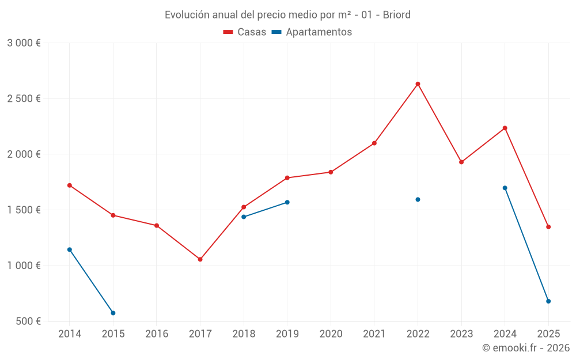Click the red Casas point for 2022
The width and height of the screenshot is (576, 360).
[x=418, y=84]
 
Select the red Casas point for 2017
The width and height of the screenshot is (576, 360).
[x=200, y=259]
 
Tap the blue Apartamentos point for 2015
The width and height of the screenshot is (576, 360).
[x=113, y=313]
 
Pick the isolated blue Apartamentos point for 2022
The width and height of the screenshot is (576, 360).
[x=418, y=199]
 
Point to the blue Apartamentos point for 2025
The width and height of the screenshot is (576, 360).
[x=548, y=301]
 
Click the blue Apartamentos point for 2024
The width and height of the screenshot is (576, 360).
[x=505, y=188]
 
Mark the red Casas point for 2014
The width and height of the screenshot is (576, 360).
[x=69, y=185]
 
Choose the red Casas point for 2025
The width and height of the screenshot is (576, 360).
[x=548, y=227]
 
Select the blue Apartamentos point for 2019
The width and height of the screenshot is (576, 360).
[x=287, y=202]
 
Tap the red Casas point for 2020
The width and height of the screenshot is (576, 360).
[x=331, y=172]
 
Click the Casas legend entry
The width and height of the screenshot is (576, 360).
[x=245, y=32]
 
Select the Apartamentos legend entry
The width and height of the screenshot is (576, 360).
[x=312, y=32]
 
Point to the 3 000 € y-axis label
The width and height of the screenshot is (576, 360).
[x=24, y=43]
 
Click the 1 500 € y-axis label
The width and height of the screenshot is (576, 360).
[x=24, y=210]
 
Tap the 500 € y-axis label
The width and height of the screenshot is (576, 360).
[x=28, y=321]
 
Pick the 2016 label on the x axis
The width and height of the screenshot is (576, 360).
[x=156, y=334]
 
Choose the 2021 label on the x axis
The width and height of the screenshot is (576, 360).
[x=374, y=334]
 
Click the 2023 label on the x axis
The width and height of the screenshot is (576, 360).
[x=461, y=334]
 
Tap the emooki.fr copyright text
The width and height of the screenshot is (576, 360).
[x=525, y=348]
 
